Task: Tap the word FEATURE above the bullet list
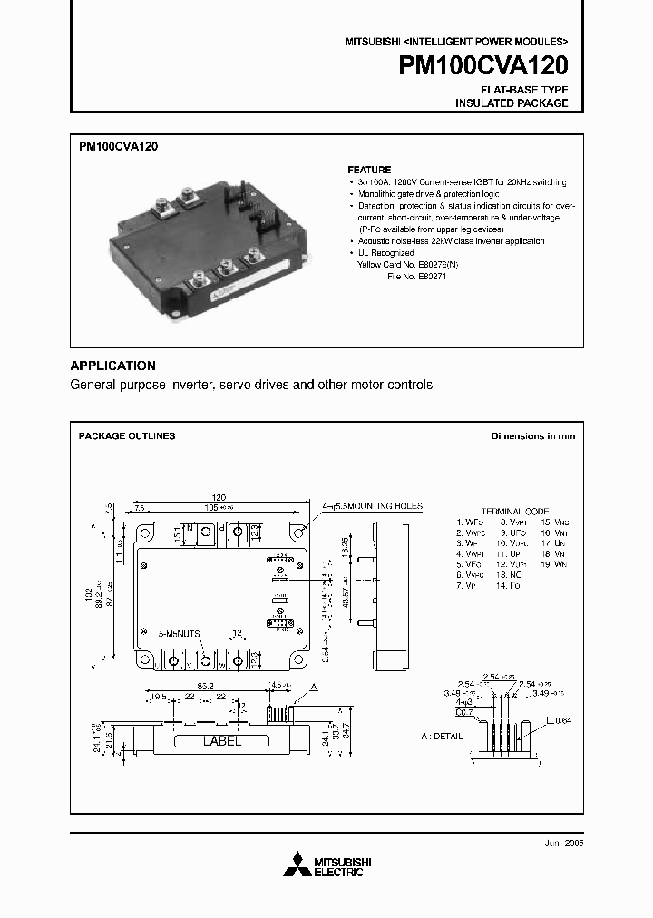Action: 369,170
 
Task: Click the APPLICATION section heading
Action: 112,366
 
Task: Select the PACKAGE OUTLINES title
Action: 127,436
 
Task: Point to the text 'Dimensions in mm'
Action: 532,436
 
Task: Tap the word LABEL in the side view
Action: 220,741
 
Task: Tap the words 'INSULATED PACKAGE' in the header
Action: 511,103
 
